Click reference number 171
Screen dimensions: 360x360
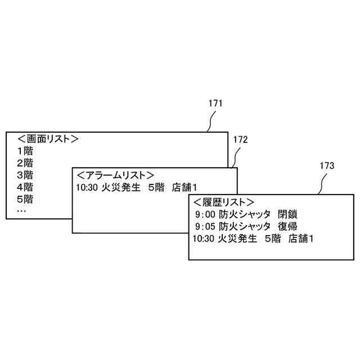[215, 103]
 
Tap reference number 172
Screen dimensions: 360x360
[240, 139]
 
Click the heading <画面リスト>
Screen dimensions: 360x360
[47, 139]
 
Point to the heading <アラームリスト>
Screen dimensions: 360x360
[115, 175]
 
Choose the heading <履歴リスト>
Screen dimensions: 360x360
[224, 202]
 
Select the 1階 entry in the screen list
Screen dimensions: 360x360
[25, 151]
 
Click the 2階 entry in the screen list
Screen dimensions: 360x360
[25, 163]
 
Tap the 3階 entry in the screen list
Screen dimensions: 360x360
[25, 175]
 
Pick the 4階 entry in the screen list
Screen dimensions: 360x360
[25, 187]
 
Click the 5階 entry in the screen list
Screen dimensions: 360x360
[25, 199]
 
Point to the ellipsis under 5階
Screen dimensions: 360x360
[21, 210]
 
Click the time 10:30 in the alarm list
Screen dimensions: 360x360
[86, 187]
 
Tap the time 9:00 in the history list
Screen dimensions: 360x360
[205, 214]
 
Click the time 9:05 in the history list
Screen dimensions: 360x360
[205, 227]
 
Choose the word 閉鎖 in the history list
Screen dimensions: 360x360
[287, 214]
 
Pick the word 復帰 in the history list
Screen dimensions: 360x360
[287, 227]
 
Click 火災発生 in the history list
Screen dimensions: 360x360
[237, 239]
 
